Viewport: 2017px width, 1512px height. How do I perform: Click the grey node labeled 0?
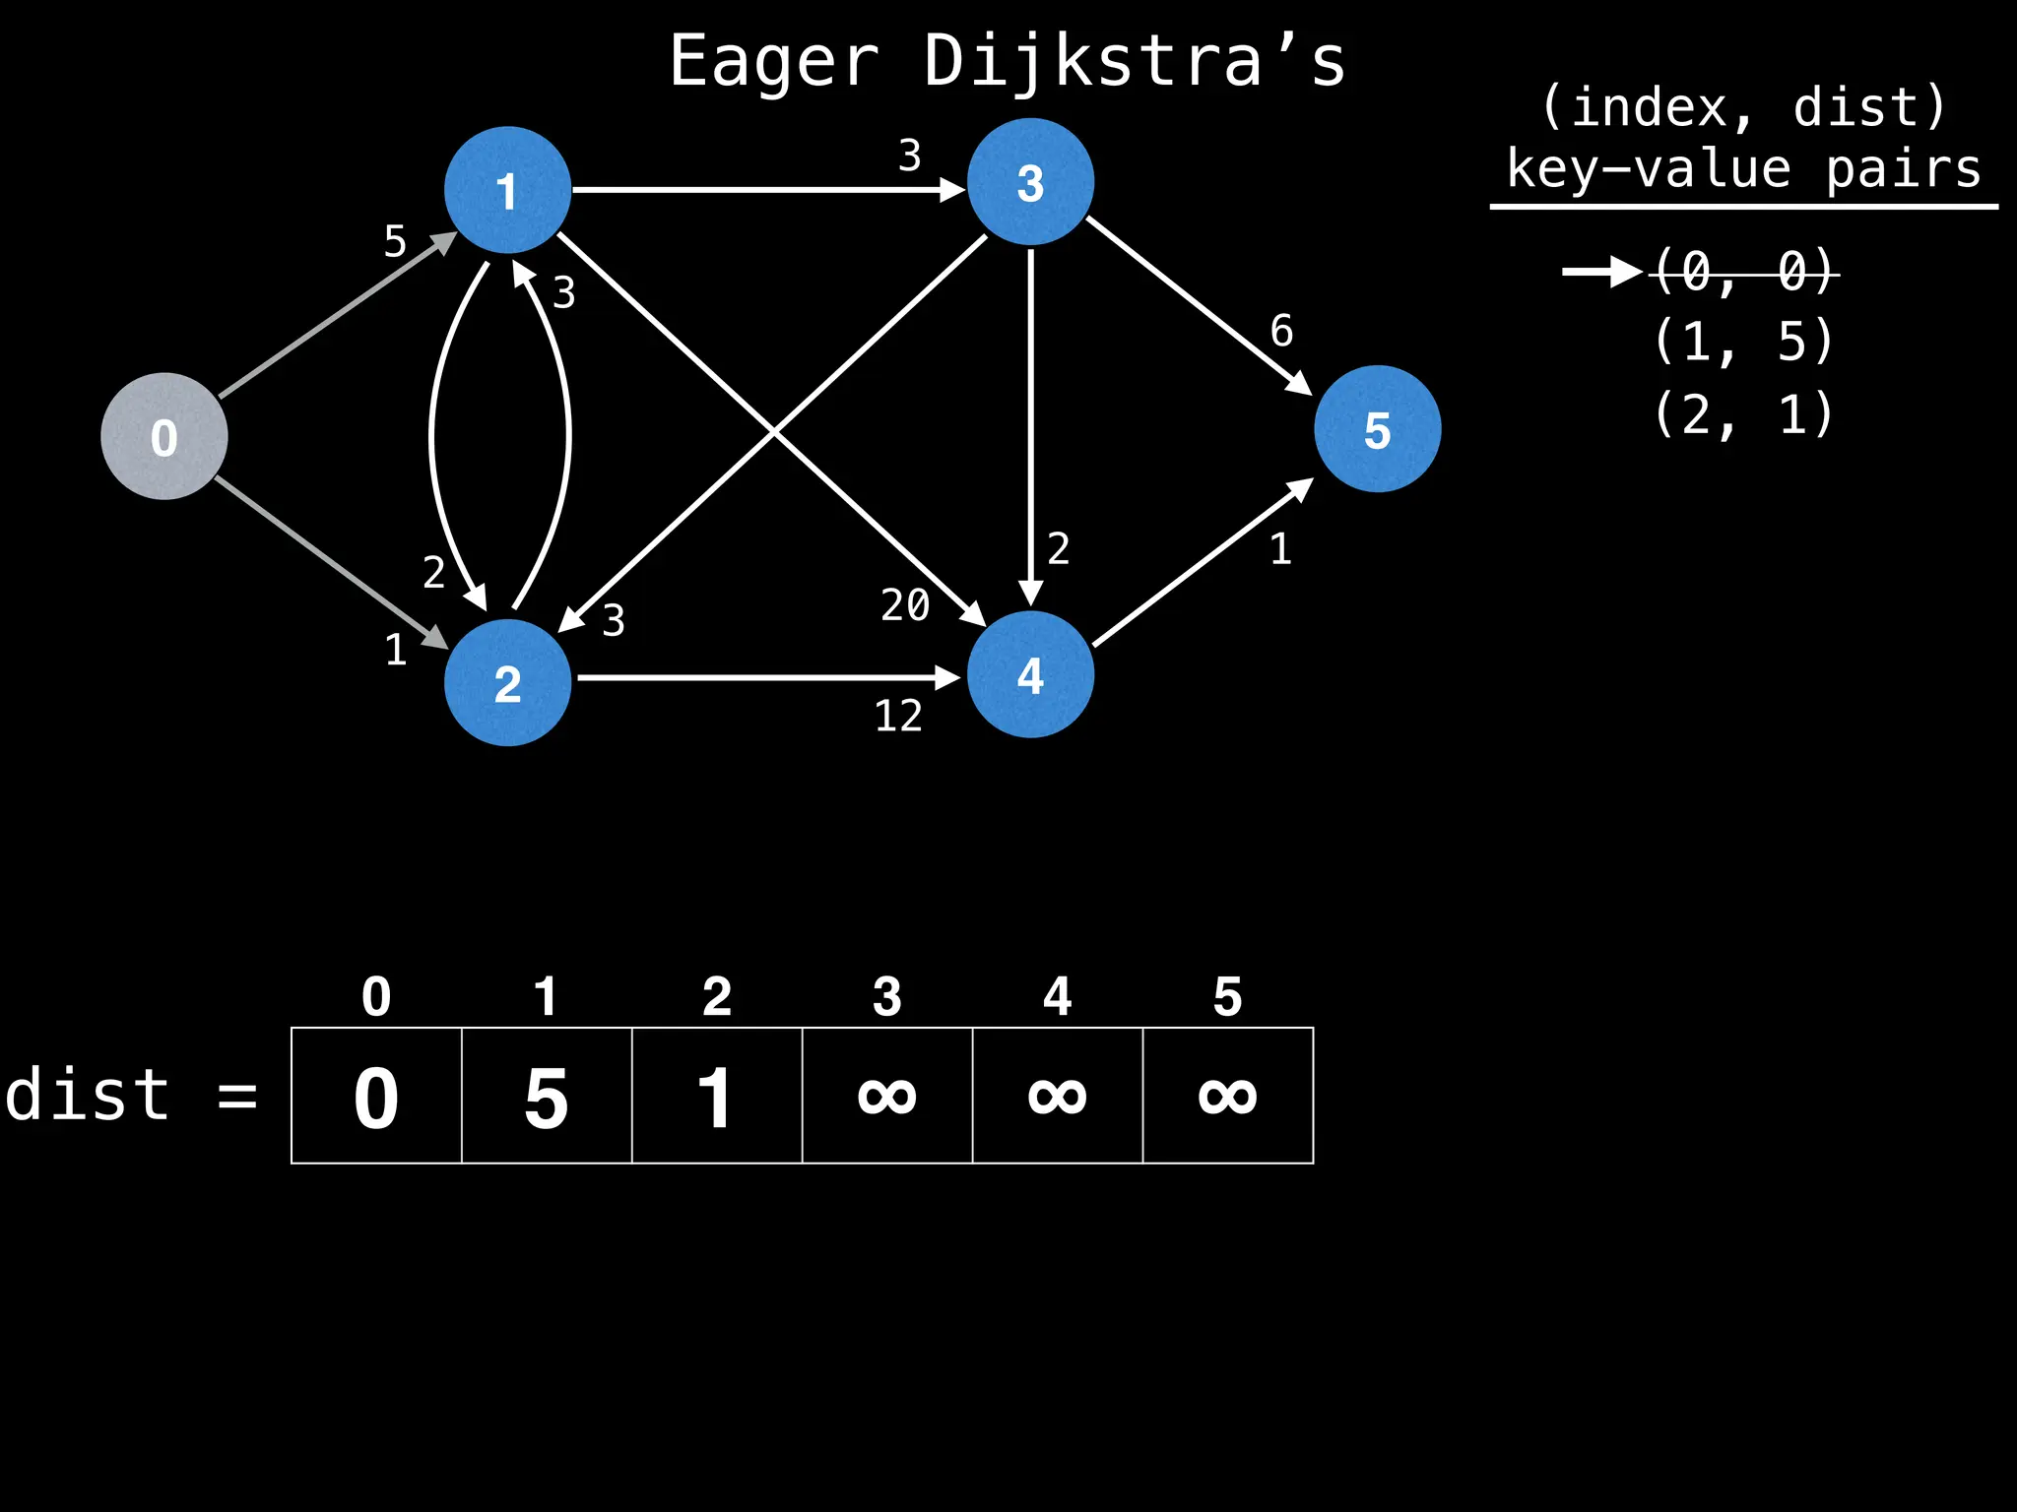[164, 436]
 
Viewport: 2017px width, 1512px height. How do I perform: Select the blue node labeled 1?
[507, 190]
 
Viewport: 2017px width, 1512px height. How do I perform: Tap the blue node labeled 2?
[507, 682]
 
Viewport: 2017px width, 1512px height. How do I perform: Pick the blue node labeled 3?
[1030, 182]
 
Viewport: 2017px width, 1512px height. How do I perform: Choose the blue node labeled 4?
[1030, 674]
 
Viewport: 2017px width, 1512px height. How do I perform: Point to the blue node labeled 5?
[1377, 429]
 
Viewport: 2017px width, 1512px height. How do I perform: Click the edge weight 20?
[905, 605]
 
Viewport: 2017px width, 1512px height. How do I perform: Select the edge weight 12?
[898, 717]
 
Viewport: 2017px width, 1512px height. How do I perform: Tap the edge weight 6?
[1281, 331]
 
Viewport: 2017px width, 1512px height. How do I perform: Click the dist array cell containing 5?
[547, 1096]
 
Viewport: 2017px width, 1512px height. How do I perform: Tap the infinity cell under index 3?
[887, 1096]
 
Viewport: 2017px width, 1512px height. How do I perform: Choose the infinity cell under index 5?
[1228, 1096]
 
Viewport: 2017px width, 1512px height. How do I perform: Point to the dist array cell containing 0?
[376, 1096]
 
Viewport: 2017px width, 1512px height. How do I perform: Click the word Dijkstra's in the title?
[1134, 62]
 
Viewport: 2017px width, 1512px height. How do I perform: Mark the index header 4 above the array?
[1057, 997]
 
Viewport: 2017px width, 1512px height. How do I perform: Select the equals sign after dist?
[237, 1096]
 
